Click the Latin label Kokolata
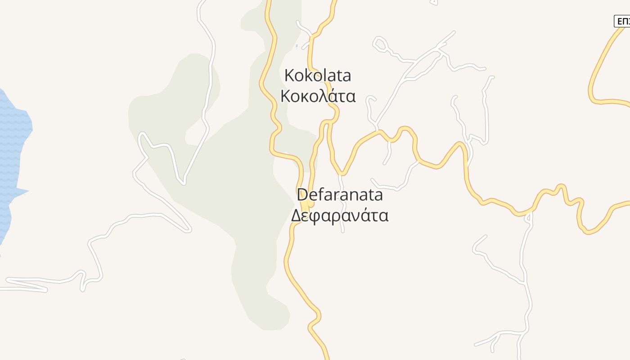[x=318, y=76]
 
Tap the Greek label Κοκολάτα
[x=318, y=96]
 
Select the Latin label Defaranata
[x=340, y=195]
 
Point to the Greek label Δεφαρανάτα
[x=340, y=216]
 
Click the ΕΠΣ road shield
[x=622, y=21]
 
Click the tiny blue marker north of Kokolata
[x=297, y=46]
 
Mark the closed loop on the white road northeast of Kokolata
[x=379, y=44]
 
